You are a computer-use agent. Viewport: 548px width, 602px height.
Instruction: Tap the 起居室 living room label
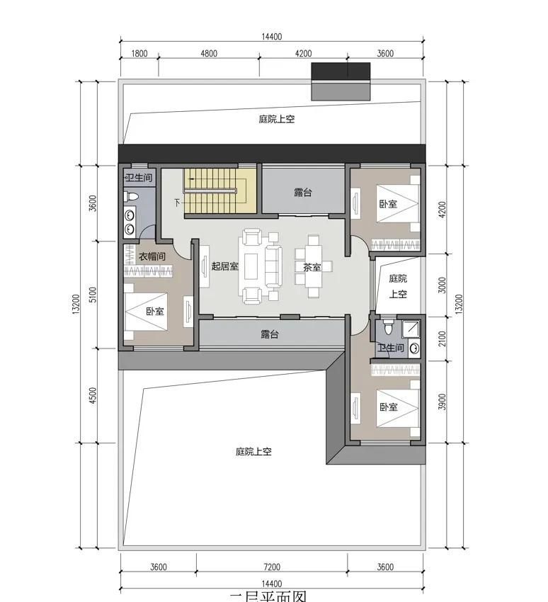(x=224, y=266)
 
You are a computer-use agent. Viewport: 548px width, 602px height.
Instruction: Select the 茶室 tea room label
(x=312, y=268)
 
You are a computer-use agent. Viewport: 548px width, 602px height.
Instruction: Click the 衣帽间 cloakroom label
(x=152, y=257)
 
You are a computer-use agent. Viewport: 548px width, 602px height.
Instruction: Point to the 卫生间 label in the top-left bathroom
(x=138, y=177)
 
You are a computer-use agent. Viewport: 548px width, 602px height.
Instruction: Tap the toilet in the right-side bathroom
(x=387, y=329)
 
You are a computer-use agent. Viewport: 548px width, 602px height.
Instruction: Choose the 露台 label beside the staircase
(x=303, y=193)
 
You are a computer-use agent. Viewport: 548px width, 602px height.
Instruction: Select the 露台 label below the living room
(x=269, y=334)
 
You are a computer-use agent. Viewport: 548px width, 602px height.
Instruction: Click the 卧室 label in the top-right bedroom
(x=388, y=204)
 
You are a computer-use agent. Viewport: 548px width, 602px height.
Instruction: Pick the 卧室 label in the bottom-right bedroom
(x=388, y=407)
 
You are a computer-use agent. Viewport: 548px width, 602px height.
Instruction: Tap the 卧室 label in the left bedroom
(x=155, y=312)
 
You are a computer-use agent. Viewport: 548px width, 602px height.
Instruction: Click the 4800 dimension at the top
(x=209, y=53)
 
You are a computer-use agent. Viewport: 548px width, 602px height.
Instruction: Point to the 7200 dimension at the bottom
(x=272, y=567)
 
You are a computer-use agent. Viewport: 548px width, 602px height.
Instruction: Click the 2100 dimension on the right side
(x=443, y=339)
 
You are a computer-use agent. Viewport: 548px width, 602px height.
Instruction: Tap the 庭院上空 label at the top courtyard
(x=276, y=120)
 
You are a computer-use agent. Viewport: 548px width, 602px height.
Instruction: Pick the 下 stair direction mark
(x=177, y=203)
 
